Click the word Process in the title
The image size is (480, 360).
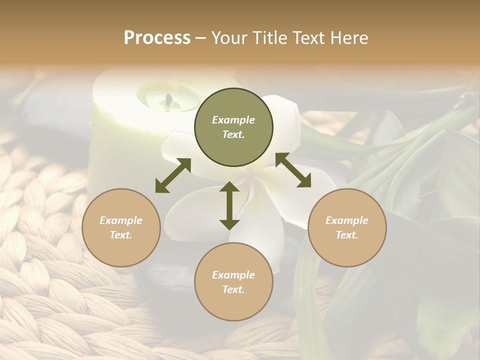tap(157, 38)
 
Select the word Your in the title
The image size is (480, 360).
tap(229, 38)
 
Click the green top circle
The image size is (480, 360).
tap(233, 127)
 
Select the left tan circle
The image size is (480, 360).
tap(121, 227)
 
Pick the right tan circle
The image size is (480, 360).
tap(347, 227)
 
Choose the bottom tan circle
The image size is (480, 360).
tap(233, 282)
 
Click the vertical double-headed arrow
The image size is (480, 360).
tap(229, 205)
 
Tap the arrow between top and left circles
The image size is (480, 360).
tap(173, 175)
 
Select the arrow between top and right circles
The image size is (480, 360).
tap(293, 170)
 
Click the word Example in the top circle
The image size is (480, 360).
tap(233, 120)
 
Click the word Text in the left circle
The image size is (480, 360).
tap(121, 235)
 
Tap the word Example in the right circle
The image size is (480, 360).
tap(347, 220)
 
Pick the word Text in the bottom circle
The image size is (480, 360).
tap(233, 289)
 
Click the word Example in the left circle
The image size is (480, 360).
tap(121, 220)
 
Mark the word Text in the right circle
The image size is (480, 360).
tap(347, 235)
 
